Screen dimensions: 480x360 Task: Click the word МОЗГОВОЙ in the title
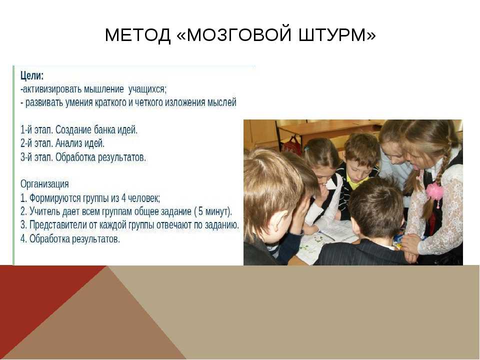[238, 34]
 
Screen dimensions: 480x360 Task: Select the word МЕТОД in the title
[137, 34]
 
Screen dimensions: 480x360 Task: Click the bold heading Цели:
[32, 75]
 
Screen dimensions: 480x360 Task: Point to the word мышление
[104, 89]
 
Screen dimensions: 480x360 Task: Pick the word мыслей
[222, 102]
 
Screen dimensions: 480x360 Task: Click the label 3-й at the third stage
[26, 157]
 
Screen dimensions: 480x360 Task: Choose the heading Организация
[44, 184]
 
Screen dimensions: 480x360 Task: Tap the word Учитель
[44, 211]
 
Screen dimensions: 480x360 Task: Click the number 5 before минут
[200, 211]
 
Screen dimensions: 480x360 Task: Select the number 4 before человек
[123, 198]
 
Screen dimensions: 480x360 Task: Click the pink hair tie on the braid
[434, 191]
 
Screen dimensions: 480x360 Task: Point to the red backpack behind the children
[291, 146]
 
